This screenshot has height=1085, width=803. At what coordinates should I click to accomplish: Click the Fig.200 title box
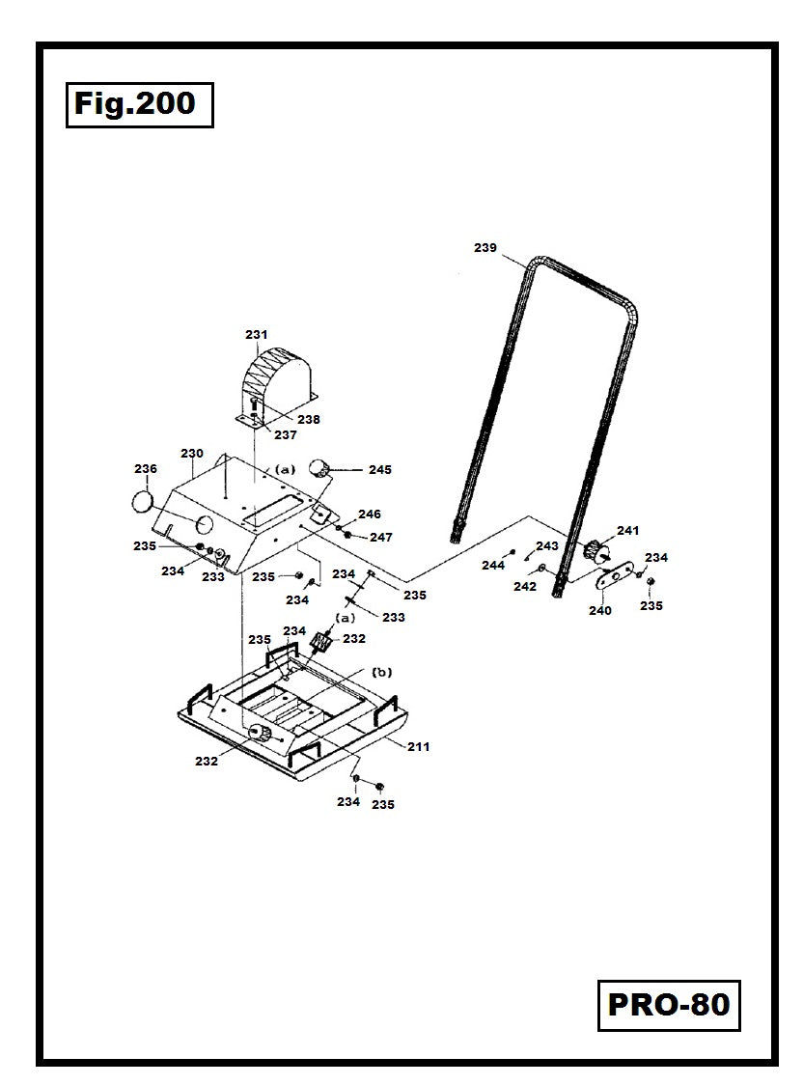(x=139, y=104)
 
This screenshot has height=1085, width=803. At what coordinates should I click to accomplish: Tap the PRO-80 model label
(x=668, y=1005)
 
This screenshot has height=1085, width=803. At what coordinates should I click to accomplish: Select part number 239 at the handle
(x=485, y=248)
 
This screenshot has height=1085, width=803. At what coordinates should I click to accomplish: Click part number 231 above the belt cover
(x=256, y=335)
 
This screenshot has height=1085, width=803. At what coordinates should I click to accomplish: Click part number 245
(x=379, y=470)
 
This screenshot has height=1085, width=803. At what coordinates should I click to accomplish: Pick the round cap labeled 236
(x=143, y=503)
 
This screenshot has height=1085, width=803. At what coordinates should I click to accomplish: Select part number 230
(x=192, y=454)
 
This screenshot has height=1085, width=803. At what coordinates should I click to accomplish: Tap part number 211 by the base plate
(x=418, y=746)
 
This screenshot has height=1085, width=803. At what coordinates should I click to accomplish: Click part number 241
(x=628, y=531)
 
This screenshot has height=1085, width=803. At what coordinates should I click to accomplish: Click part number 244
(x=493, y=566)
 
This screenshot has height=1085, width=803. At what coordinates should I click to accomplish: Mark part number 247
(x=381, y=537)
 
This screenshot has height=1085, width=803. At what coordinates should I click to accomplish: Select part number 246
(x=370, y=515)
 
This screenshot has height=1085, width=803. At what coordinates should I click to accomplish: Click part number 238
(x=309, y=420)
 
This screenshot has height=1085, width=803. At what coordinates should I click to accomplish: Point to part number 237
(x=286, y=435)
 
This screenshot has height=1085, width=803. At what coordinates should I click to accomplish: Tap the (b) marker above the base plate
(x=382, y=672)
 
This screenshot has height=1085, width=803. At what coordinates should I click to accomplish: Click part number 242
(x=525, y=586)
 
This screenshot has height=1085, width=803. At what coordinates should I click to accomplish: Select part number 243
(x=547, y=546)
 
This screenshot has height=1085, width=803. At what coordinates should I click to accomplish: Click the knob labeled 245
(x=319, y=470)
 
